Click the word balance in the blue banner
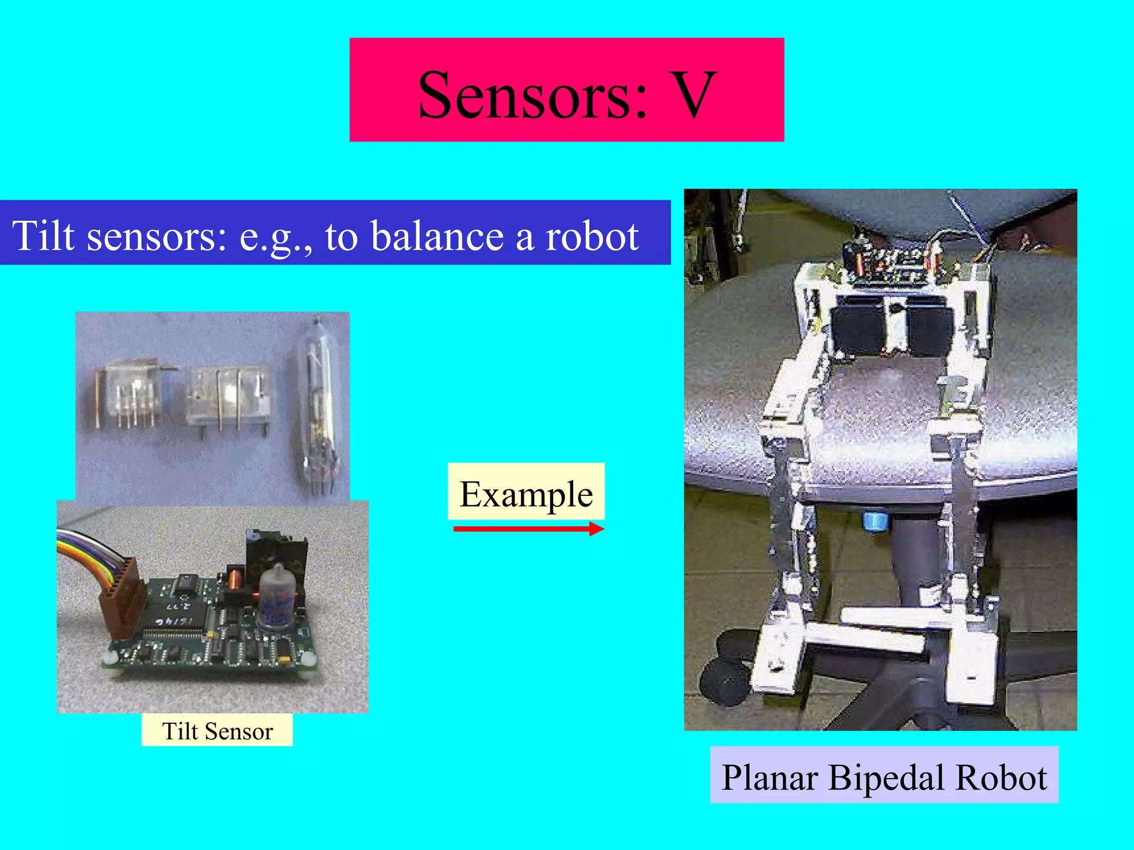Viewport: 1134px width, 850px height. pyautogui.click(x=437, y=236)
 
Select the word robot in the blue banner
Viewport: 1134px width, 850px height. pyautogui.click(x=592, y=236)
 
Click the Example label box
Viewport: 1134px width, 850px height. pyautogui.click(x=526, y=493)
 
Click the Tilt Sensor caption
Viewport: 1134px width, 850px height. pyautogui.click(x=217, y=731)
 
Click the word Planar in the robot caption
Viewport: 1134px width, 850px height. pyautogui.click(x=770, y=777)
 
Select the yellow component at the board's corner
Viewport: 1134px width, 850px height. pyautogui.click(x=283, y=660)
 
